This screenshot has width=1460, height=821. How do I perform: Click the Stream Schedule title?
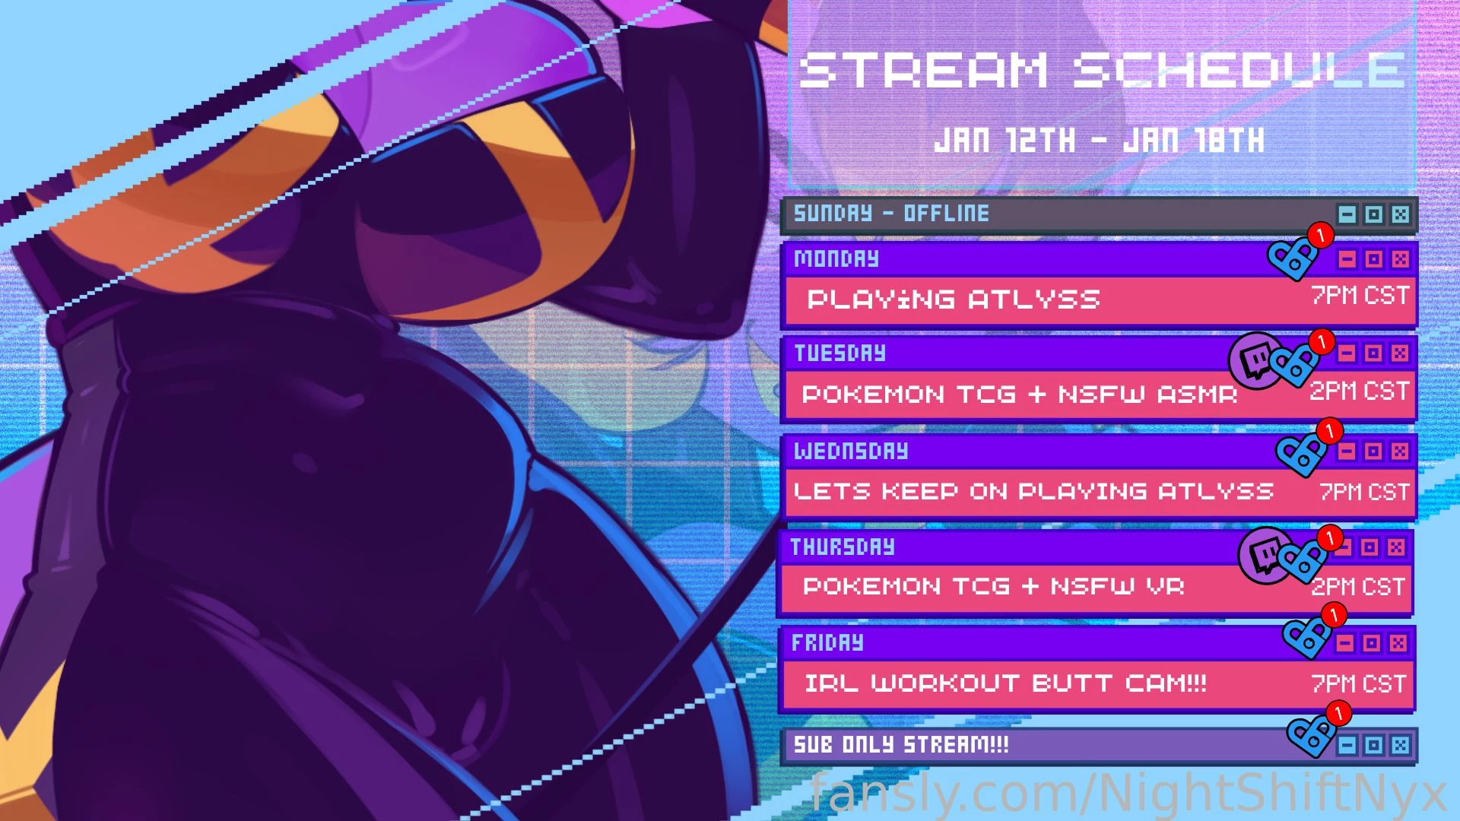1101,70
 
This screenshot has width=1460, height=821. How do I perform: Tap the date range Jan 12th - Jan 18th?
1100,141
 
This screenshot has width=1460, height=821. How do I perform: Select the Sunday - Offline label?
891,214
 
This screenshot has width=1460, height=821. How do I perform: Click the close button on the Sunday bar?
1400,214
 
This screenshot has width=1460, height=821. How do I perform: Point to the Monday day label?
836,259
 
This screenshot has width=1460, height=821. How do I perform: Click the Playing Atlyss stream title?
954,300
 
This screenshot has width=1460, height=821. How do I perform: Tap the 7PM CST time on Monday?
1360,295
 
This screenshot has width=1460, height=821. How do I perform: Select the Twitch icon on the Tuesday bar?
1255,360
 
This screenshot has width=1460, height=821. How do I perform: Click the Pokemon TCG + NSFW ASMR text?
1019,395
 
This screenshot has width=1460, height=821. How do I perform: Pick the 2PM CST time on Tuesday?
1358,391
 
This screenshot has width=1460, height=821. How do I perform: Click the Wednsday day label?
851,452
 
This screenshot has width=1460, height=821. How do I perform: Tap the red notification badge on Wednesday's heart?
1329,431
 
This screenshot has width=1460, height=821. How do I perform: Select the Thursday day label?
843,547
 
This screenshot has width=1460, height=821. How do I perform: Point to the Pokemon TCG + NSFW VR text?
993,586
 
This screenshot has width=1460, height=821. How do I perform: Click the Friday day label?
827,643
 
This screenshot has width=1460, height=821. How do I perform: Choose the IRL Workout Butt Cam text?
1005,683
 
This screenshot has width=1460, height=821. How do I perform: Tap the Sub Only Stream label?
901,744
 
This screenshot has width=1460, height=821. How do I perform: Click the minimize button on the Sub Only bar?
1347,745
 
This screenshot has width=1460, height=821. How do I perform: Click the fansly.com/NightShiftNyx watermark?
1128,794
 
